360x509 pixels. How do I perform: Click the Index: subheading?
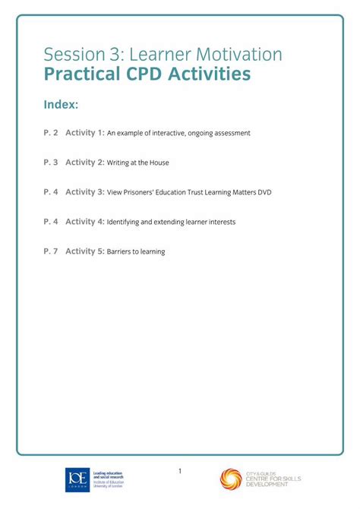[62, 103]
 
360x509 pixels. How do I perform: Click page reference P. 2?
[51, 133]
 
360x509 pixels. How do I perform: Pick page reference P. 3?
[51, 163]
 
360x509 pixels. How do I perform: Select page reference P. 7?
[51, 251]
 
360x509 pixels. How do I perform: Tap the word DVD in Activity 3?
[264, 193]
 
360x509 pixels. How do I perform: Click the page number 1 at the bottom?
[180, 471]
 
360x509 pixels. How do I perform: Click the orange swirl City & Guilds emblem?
[231, 479]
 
